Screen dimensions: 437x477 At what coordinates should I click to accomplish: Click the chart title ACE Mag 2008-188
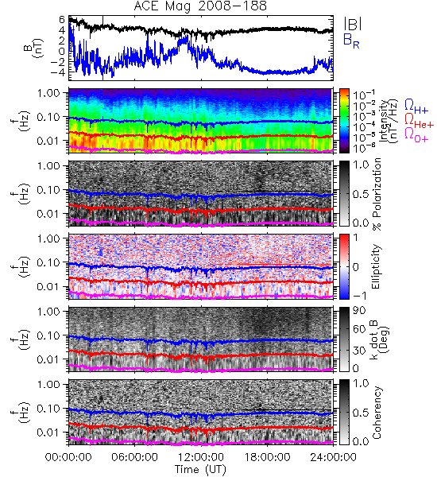(200, 6)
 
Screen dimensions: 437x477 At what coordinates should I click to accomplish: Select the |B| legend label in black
(353, 24)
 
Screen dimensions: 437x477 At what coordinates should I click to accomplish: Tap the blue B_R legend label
(351, 41)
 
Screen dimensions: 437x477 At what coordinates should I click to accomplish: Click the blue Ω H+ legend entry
(416, 107)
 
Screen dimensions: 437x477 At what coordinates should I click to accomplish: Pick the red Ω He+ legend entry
(419, 121)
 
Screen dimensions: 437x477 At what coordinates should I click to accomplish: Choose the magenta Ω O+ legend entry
(416, 135)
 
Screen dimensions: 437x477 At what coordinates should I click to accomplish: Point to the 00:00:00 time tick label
(68, 457)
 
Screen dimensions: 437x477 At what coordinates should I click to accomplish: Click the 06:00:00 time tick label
(135, 457)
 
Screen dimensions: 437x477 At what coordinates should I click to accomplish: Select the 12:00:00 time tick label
(201, 457)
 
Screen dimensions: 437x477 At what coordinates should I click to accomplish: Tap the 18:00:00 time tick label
(267, 457)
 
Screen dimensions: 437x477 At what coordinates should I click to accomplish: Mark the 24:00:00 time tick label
(333, 457)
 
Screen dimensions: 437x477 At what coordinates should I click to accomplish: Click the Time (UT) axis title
(201, 469)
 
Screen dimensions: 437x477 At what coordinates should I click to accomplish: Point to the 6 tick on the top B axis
(62, 19)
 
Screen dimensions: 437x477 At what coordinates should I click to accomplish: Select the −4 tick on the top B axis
(58, 72)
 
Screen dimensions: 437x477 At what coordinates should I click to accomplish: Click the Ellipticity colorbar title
(376, 266)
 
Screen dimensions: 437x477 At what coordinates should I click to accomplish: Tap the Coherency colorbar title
(377, 413)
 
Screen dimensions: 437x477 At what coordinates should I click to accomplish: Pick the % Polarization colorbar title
(377, 194)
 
